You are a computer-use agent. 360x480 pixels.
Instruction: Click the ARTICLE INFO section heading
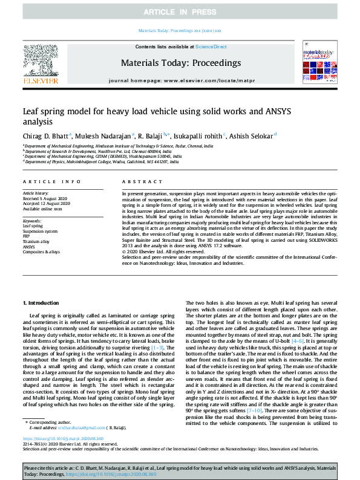(51, 181)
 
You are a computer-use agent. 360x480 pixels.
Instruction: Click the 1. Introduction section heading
(41, 302)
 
